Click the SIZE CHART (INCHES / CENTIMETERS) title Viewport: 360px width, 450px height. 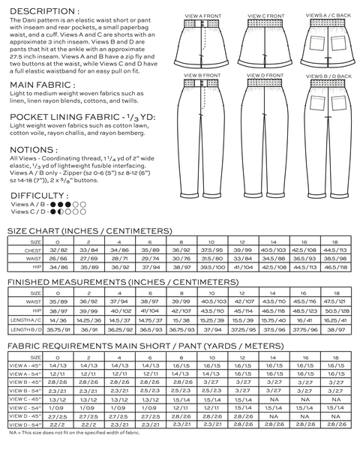(89, 231)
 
